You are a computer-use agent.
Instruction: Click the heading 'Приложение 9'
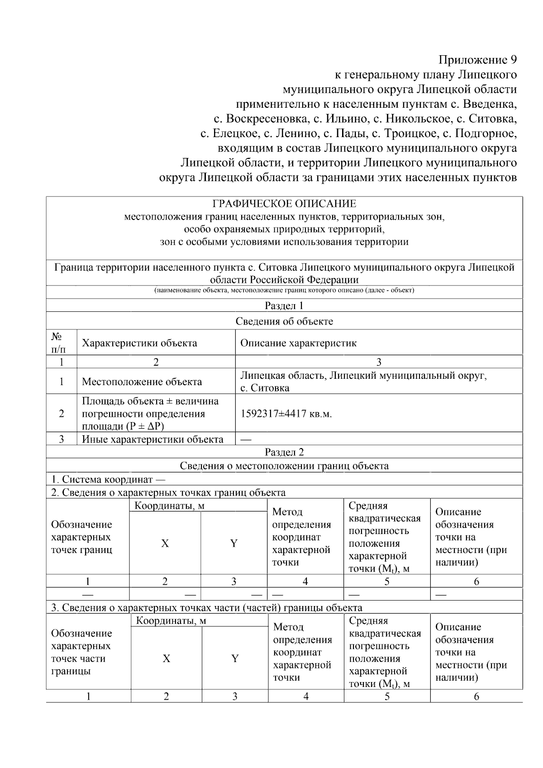point(477,60)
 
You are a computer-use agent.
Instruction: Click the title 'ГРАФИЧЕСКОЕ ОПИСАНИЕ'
point(284,204)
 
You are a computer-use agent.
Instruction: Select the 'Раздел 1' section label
point(284,305)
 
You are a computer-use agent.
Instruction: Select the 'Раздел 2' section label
point(284,452)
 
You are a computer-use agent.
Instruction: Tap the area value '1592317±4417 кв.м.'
point(286,414)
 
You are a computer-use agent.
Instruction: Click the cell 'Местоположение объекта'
point(142,382)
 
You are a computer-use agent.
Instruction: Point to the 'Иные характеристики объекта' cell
point(152,439)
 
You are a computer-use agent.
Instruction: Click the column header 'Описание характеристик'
point(298,343)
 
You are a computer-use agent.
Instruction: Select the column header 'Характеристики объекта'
point(139,343)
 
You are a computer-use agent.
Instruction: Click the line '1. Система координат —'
point(108,479)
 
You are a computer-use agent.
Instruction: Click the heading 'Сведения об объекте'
point(284,321)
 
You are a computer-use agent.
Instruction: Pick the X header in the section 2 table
point(165,544)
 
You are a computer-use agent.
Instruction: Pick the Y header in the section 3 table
point(235,658)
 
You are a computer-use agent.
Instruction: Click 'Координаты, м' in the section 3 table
point(171,621)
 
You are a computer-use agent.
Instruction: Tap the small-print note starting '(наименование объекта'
point(284,290)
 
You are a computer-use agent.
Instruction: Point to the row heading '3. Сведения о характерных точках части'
point(206,607)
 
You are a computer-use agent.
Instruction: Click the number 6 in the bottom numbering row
point(476,696)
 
